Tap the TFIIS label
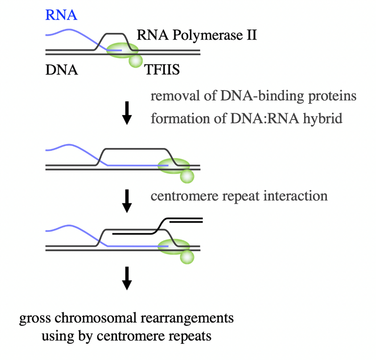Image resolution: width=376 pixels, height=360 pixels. tap(163, 70)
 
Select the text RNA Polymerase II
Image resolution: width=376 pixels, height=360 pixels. tap(197, 35)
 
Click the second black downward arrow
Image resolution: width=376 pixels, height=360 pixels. tap(127, 201)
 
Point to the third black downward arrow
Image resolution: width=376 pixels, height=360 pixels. tap(127, 278)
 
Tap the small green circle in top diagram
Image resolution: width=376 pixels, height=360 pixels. tap(135, 61)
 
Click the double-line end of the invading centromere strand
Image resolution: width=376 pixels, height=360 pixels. tap(186, 220)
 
